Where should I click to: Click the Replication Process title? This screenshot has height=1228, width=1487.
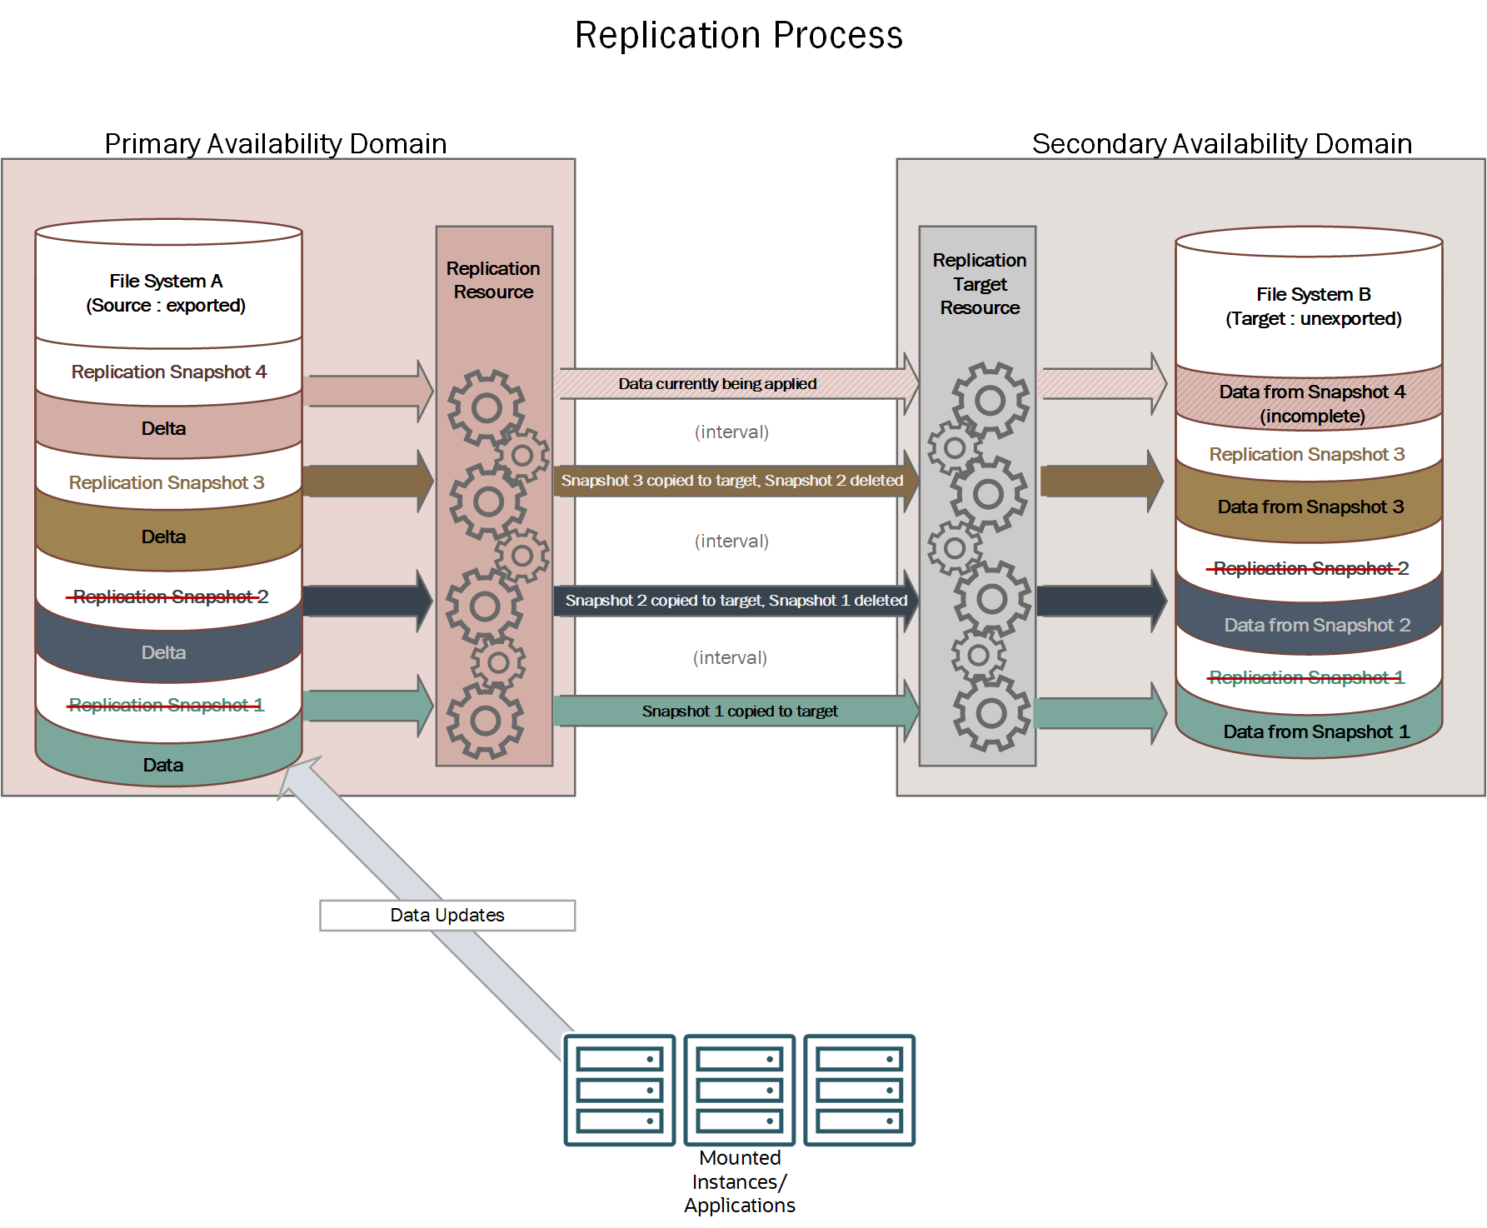tap(738, 35)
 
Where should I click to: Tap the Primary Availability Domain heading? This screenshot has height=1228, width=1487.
tap(275, 143)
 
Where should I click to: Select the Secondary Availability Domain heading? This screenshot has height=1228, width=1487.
tap(1221, 143)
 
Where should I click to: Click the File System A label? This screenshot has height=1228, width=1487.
tap(166, 292)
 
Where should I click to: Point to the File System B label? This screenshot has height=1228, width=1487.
tap(1313, 306)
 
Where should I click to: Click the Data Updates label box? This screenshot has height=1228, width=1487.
tap(447, 915)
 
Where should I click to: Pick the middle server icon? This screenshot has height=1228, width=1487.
tap(739, 1090)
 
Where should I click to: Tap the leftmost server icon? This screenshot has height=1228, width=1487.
tap(619, 1090)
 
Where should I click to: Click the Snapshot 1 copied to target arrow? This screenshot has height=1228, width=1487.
tap(738, 711)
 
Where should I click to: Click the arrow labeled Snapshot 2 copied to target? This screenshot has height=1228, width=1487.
tap(735, 601)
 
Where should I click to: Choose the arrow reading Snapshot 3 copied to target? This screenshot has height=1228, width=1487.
tap(731, 481)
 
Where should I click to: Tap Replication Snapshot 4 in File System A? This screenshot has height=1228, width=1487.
tap(168, 372)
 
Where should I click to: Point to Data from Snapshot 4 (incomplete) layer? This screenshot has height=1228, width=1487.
tap(1311, 403)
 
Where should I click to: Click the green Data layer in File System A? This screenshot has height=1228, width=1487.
tap(163, 765)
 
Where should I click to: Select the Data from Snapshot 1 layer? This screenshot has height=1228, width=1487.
tap(1315, 731)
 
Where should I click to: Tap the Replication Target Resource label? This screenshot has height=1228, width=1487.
tap(979, 284)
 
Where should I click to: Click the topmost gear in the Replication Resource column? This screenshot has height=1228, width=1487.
tap(487, 407)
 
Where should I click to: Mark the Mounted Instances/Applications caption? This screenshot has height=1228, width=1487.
tap(739, 1181)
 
